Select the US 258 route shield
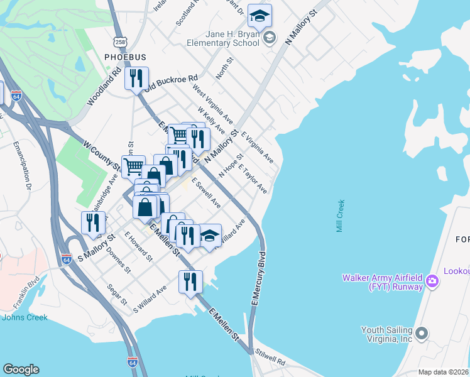[x=117, y=41]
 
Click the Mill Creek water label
[x=341, y=216]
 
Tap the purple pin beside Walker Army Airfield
[x=432, y=280]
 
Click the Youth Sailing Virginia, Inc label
[x=386, y=334]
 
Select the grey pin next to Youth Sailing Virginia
[x=421, y=332]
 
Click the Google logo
[x=21, y=369]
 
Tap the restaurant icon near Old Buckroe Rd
[x=136, y=79]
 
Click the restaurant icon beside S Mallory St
[x=93, y=223]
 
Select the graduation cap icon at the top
[x=260, y=16]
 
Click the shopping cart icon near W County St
[x=133, y=167]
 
